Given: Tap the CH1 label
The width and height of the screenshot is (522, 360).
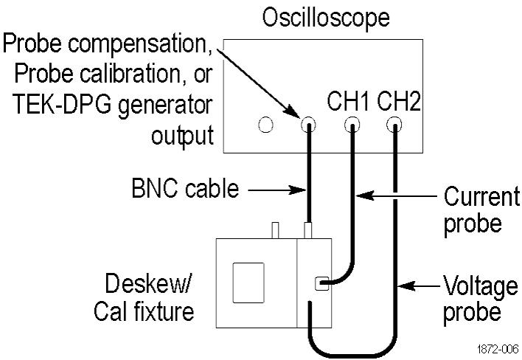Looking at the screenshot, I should coord(348,102).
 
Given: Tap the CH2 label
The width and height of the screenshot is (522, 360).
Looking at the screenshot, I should coord(399,102).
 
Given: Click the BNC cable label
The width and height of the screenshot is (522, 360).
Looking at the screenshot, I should coord(184,189).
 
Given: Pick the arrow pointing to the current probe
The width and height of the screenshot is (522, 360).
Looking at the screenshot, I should coord(398,196).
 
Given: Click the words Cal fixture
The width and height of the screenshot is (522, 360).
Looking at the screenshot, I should coord(144,311).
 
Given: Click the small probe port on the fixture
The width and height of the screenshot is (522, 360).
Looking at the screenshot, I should coord(320,283).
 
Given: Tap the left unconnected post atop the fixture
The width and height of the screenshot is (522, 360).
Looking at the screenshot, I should coord(275,229).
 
